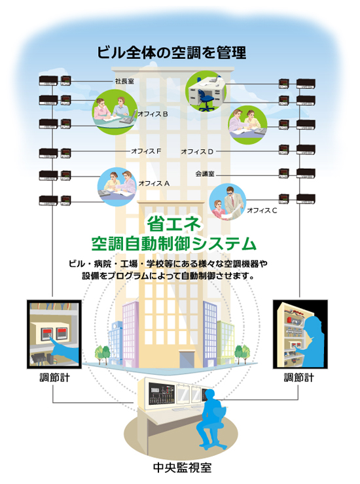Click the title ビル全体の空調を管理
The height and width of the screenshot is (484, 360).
click(171, 52)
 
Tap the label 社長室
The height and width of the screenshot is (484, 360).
click(124, 81)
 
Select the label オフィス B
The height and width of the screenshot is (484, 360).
click(153, 114)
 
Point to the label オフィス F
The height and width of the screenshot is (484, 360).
click(146, 151)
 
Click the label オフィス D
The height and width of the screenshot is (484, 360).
click(197, 152)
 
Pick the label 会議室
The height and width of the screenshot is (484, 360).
click(205, 174)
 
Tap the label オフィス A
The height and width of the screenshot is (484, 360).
click(154, 183)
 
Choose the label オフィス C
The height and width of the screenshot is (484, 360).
click(262, 211)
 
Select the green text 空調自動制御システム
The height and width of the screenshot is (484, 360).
click(174, 244)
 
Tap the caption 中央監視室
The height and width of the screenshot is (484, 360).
click(183, 468)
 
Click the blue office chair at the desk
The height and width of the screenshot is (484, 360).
click(206, 99)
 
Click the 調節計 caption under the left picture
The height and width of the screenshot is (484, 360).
click(55, 377)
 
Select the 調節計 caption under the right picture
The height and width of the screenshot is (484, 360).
click(299, 377)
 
